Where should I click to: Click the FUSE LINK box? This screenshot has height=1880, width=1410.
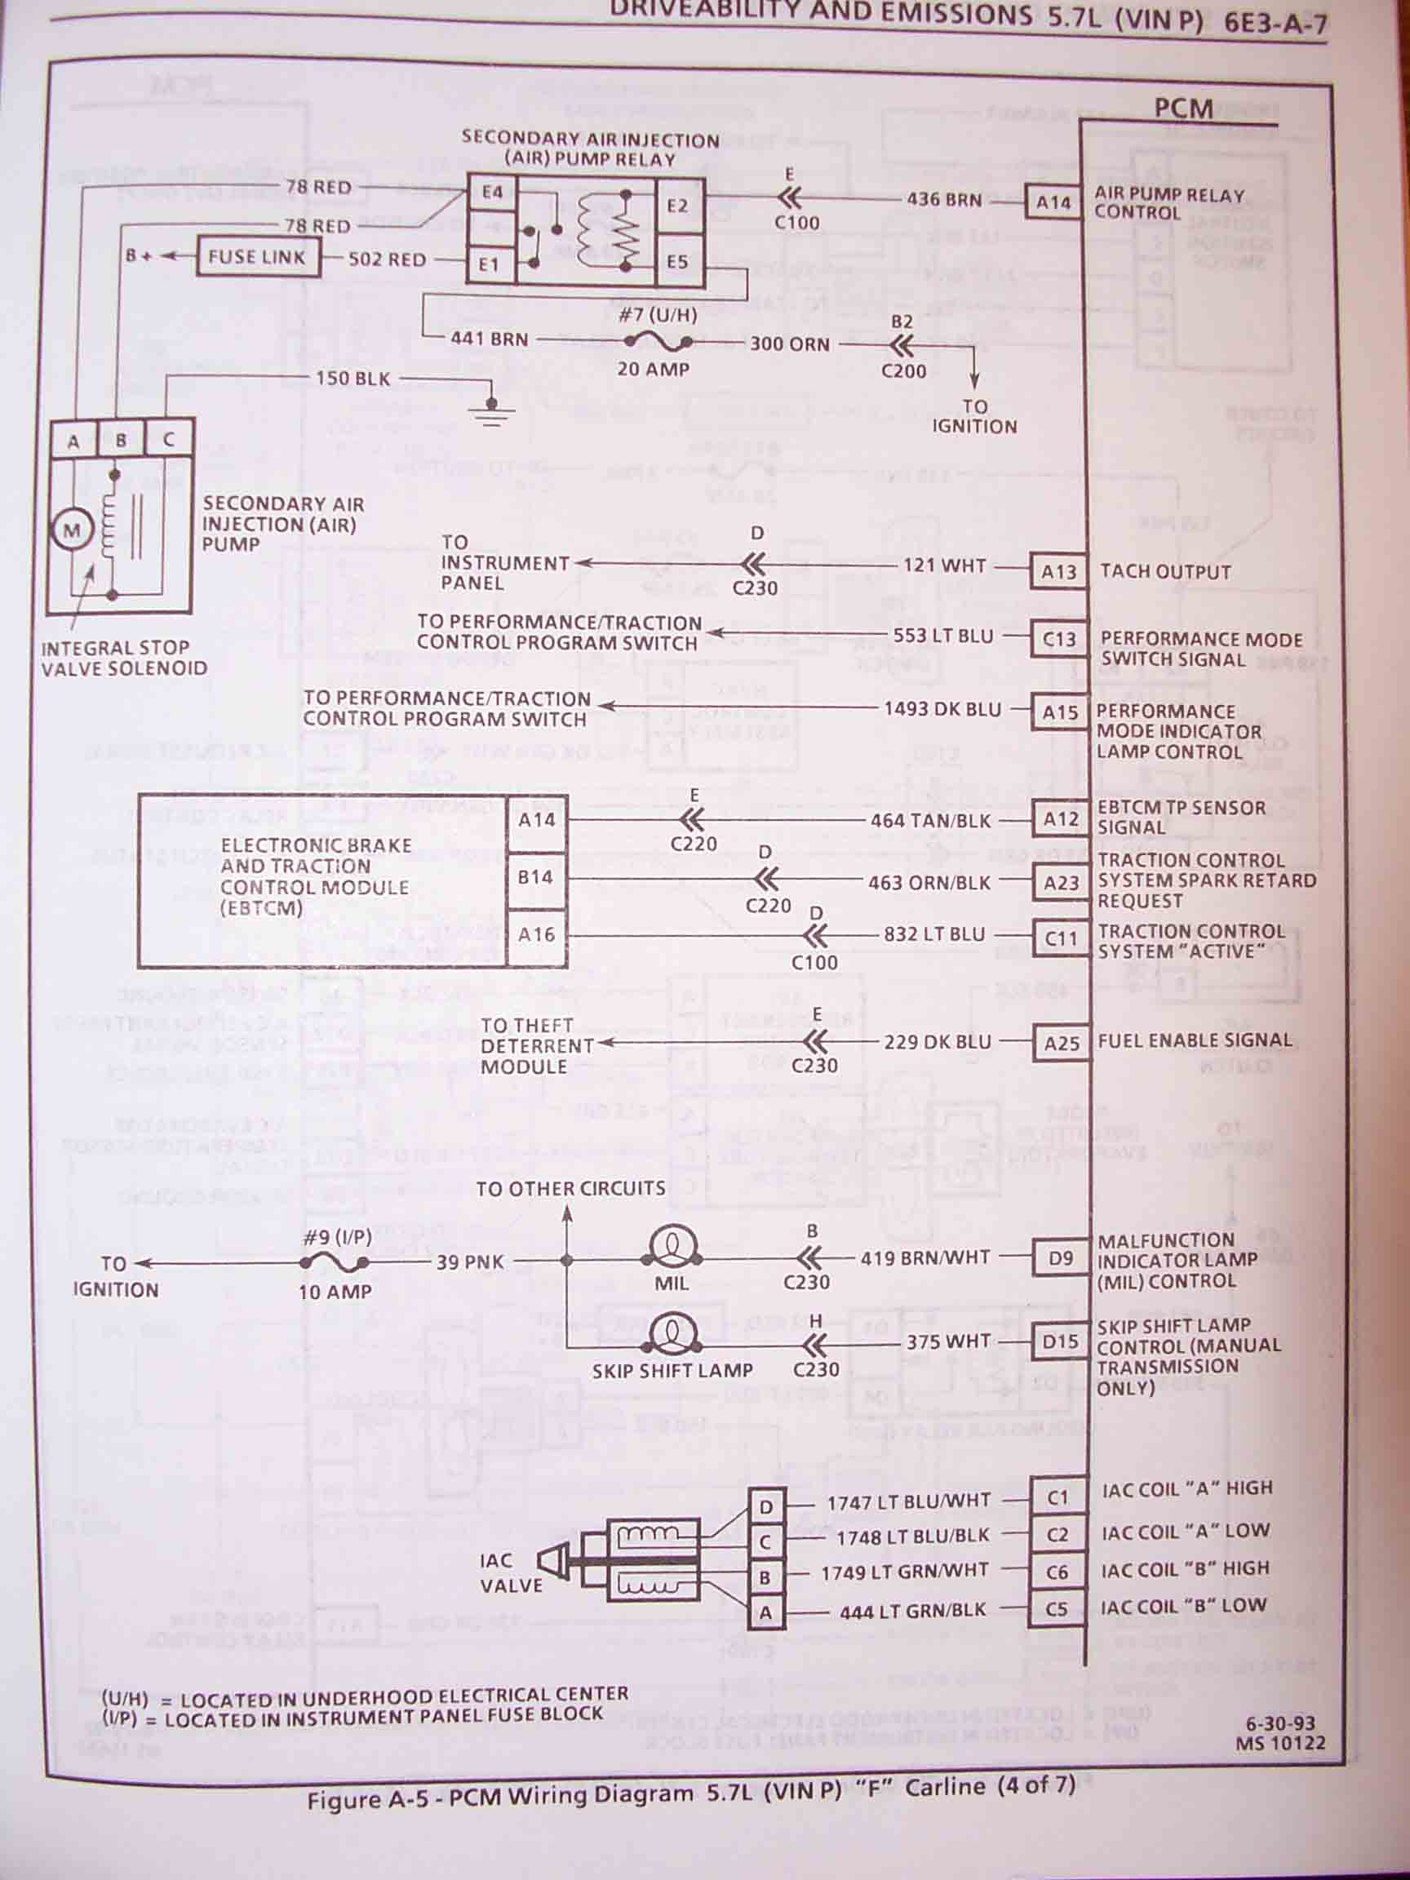click(258, 257)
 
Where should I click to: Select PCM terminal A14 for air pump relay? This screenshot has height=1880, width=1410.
click(1053, 203)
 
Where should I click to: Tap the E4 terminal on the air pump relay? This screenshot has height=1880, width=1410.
click(492, 192)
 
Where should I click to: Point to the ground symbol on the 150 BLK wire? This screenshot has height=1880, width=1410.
click(490, 411)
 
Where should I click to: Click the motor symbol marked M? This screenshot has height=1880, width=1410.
click(73, 531)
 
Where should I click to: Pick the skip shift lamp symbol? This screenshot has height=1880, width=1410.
click(672, 1337)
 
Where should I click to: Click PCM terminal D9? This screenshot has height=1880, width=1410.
click(1060, 1257)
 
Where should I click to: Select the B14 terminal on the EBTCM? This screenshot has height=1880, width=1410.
click(535, 877)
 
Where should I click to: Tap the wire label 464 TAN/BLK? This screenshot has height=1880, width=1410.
click(931, 821)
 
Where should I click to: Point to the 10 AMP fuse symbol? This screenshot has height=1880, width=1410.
click(335, 1264)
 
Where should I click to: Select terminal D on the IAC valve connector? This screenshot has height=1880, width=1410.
click(765, 1507)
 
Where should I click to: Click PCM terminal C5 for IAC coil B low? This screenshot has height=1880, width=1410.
click(1057, 1608)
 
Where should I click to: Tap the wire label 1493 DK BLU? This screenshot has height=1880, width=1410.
click(942, 709)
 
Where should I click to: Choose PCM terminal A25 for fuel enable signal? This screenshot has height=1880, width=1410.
click(1061, 1043)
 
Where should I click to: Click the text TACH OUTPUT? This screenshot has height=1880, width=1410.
click(1165, 572)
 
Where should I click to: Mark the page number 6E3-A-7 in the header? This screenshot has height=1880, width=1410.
click(1275, 23)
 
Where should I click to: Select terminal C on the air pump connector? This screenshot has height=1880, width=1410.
click(168, 440)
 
